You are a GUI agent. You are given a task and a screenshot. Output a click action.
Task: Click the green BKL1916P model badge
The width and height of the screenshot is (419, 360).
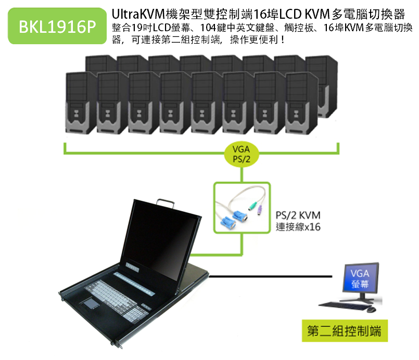57,26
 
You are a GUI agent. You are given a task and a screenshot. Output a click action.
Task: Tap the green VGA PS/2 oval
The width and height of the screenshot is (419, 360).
242,155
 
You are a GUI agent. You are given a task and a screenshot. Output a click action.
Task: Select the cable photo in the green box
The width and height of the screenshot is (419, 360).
242,208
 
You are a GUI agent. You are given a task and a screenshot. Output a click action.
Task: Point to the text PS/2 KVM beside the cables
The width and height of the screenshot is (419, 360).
298,215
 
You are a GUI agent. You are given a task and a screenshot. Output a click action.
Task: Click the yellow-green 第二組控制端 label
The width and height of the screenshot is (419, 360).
345,331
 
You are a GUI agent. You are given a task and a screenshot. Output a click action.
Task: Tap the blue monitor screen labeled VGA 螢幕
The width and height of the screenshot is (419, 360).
361,278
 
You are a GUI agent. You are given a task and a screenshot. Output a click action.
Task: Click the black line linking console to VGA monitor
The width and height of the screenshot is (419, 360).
271,276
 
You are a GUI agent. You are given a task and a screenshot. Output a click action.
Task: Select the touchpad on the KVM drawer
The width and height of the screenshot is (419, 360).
90,304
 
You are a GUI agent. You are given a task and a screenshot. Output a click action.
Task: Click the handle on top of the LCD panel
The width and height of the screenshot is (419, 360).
166,203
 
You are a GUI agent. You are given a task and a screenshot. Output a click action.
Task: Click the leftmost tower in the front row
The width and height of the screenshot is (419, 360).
81,103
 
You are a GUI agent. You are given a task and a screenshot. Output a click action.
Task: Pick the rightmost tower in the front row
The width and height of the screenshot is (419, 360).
301,103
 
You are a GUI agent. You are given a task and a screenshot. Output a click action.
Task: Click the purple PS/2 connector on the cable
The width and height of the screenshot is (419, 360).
259,211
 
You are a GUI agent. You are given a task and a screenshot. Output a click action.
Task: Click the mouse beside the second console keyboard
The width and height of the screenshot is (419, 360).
371,309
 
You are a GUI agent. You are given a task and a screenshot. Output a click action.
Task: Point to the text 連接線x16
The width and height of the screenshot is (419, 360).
298,227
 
